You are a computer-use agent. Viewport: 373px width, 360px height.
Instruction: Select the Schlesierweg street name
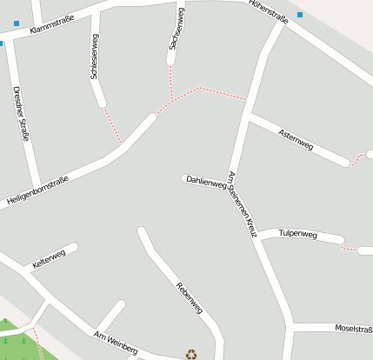point(95,57)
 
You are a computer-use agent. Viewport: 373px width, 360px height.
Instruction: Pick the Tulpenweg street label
point(299,234)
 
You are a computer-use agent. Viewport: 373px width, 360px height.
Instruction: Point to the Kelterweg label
point(49,258)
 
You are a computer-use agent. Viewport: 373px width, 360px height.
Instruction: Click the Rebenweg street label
point(189,297)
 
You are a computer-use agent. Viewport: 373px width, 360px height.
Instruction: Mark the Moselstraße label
point(353,329)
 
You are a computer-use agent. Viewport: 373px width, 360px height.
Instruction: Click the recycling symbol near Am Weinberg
point(191,354)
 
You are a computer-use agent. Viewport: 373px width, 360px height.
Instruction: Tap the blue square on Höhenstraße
point(300,15)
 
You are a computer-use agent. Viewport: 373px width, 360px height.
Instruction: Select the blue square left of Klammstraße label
point(17,23)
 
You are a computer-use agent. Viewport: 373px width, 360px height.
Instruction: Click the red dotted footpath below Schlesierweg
point(111,124)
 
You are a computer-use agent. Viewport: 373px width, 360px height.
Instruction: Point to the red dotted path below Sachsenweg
point(172,83)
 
